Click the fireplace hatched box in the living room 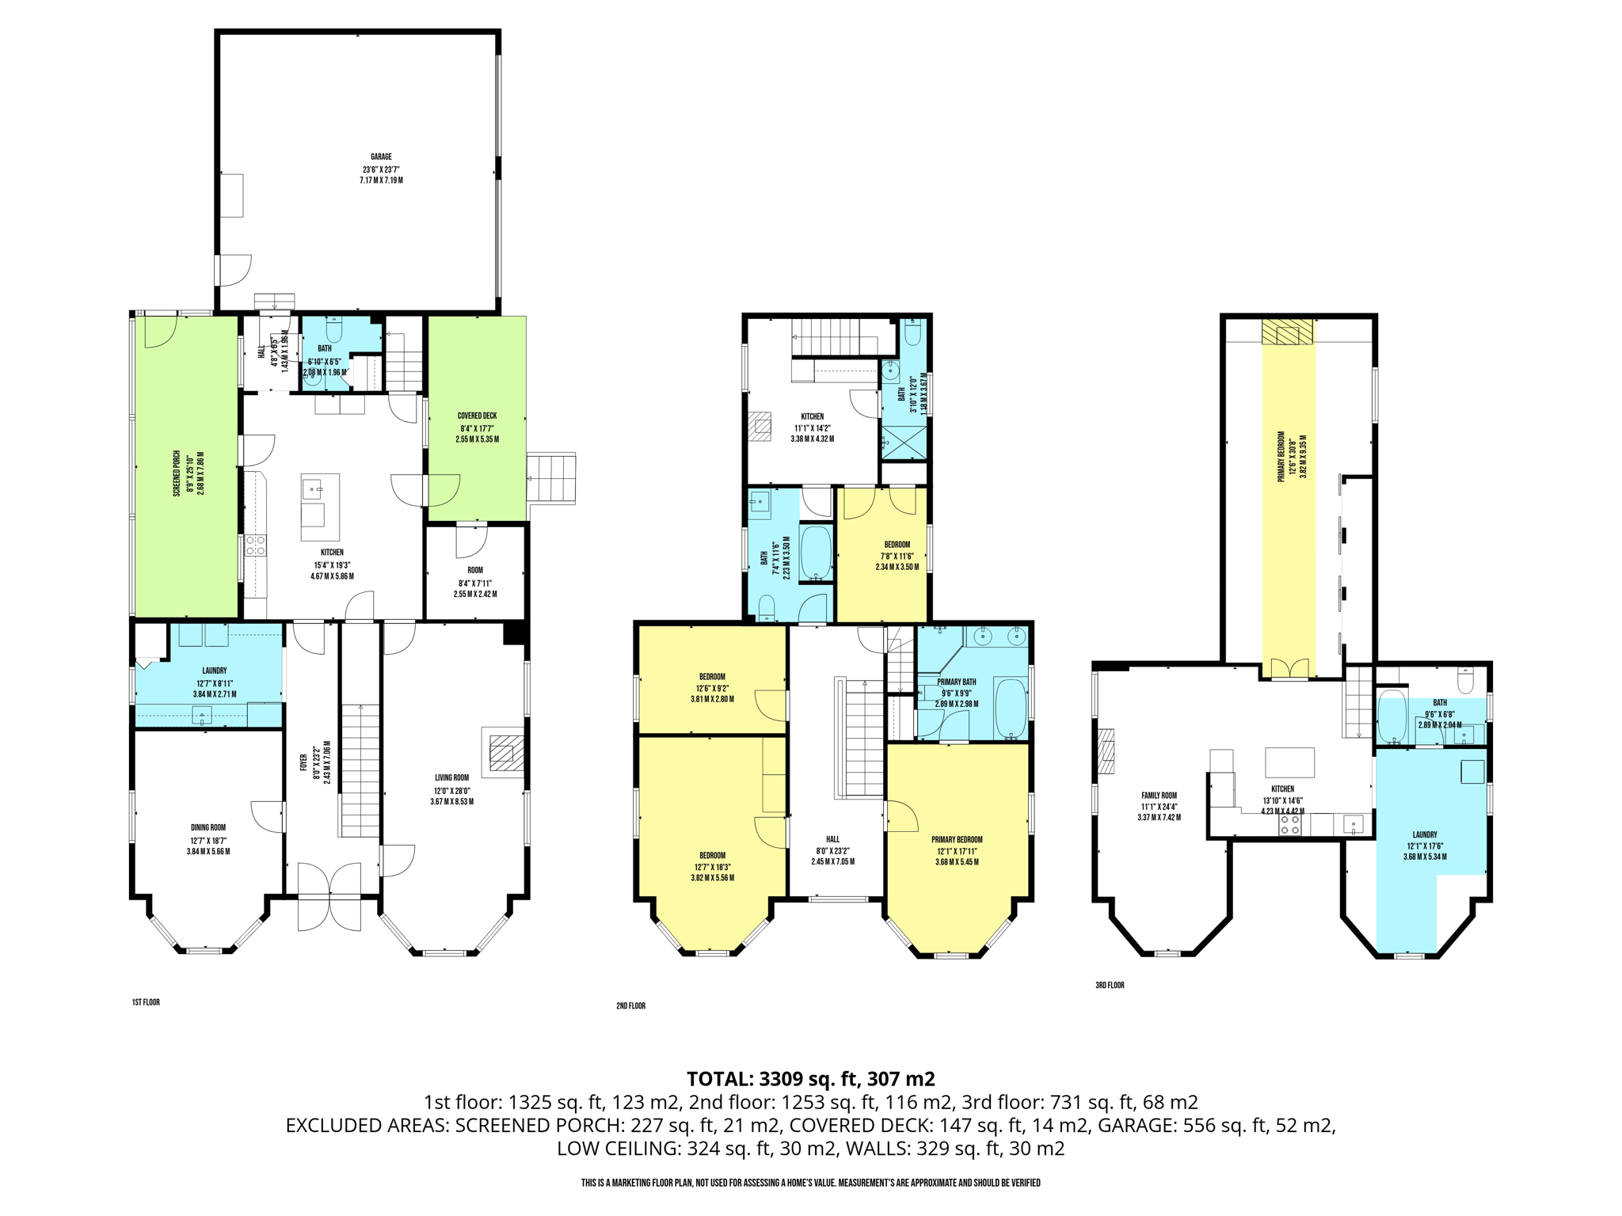coord(506,753)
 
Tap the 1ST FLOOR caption coord(146,1002)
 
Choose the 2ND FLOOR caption coord(630,1006)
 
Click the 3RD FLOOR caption coord(1110,986)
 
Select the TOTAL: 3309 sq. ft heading coord(810,1079)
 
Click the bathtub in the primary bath coord(1009,708)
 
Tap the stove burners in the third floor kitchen coord(1289,825)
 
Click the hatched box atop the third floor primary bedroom coord(1287,332)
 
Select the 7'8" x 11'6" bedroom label coord(897,556)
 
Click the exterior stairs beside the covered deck coord(551,477)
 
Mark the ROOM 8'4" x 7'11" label coord(475,582)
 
